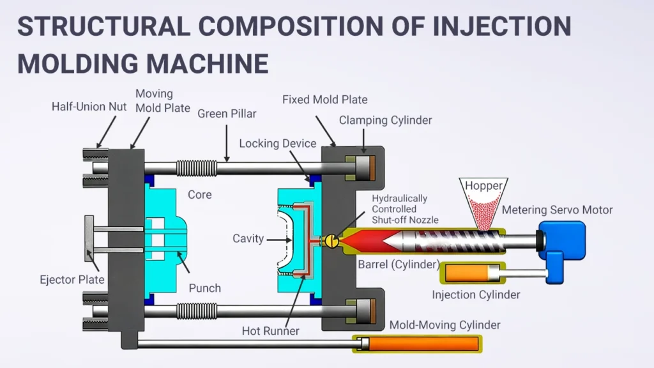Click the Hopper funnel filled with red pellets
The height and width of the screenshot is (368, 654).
click(x=483, y=201)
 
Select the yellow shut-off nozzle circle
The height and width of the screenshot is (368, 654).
click(x=332, y=240)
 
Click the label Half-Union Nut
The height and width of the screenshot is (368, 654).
click(x=89, y=107)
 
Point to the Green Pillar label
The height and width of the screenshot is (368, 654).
click(x=227, y=114)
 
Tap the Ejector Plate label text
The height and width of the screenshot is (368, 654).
click(x=71, y=279)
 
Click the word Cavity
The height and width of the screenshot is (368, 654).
click(x=248, y=238)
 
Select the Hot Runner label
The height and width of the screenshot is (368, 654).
click(x=271, y=331)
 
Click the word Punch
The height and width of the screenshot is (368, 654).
click(x=204, y=288)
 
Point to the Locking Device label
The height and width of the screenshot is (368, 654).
click(x=278, y=143)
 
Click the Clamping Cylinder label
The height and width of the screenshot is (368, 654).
click(x=385, y=120)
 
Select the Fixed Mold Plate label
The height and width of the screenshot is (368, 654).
click(x=324, y=100)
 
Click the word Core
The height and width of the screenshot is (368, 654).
click(x=199, y=194)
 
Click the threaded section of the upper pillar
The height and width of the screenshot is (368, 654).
click(x=196, y=168)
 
